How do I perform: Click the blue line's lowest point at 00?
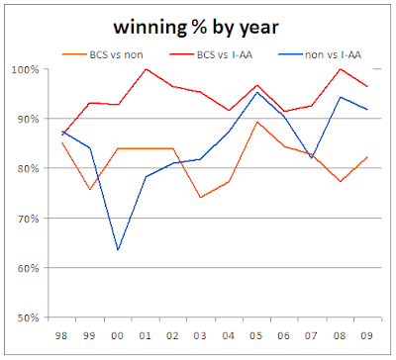pyautogui.click(x=119, y=249)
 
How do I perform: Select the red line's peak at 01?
pyautogui.click(x=147, y=69)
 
